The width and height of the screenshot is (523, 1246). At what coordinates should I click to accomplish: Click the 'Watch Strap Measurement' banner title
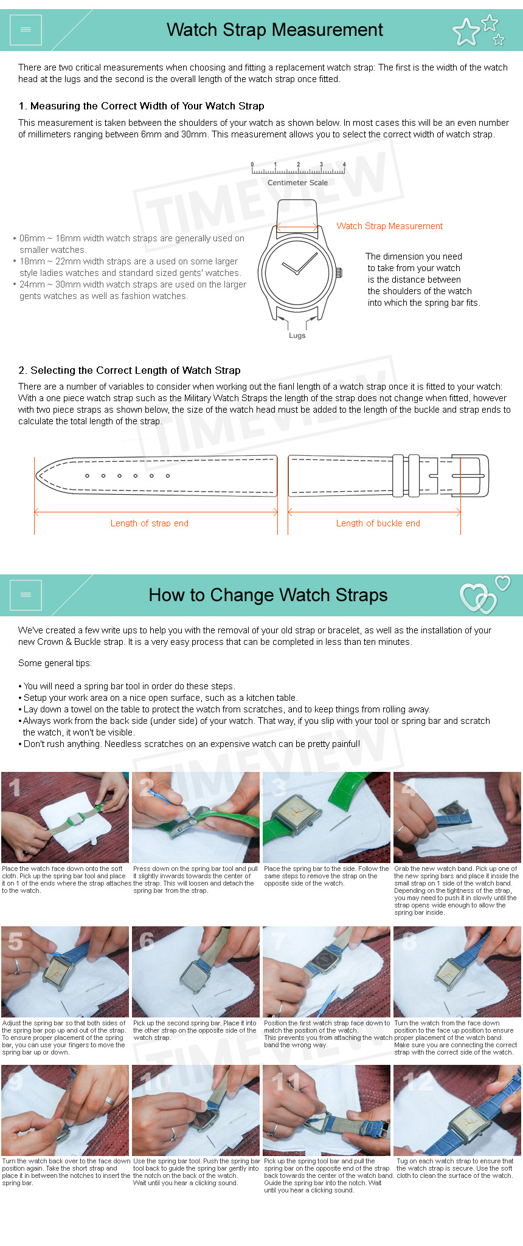(x=275, y=30)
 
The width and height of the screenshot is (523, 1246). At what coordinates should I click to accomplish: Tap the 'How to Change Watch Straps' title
(x=268, y=595)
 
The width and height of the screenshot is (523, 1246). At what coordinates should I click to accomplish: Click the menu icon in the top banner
(x=26, y=30)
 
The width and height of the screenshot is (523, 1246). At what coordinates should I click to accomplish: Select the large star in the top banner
(x=466, y=32)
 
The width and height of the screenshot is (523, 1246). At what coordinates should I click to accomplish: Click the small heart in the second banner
(x=503, y=583)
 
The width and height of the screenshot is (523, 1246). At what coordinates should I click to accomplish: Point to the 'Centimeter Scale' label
(x=297, y=182)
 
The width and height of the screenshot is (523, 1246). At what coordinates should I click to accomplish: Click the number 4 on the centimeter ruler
(x=344, y=164)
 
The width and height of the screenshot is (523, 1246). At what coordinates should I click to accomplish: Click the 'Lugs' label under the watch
(x=297, y=336)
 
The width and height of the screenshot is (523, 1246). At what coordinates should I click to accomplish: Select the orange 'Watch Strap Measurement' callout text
(x=390, y=226)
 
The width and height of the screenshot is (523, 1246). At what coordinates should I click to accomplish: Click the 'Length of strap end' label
(x=150, y=523)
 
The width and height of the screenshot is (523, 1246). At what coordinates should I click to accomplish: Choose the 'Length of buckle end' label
(x=378, y=523)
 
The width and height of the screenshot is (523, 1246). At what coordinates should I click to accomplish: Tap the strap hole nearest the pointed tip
(x=87, y=475)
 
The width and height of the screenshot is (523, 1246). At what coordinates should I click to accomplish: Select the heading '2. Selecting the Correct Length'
(x=130, y=370)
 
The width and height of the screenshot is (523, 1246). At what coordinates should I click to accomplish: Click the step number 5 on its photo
(x=15, y=941)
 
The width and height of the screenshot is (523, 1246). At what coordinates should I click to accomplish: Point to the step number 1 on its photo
(x=15, y=788)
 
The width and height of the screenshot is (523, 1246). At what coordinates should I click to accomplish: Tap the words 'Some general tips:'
(x=55, y=663)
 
